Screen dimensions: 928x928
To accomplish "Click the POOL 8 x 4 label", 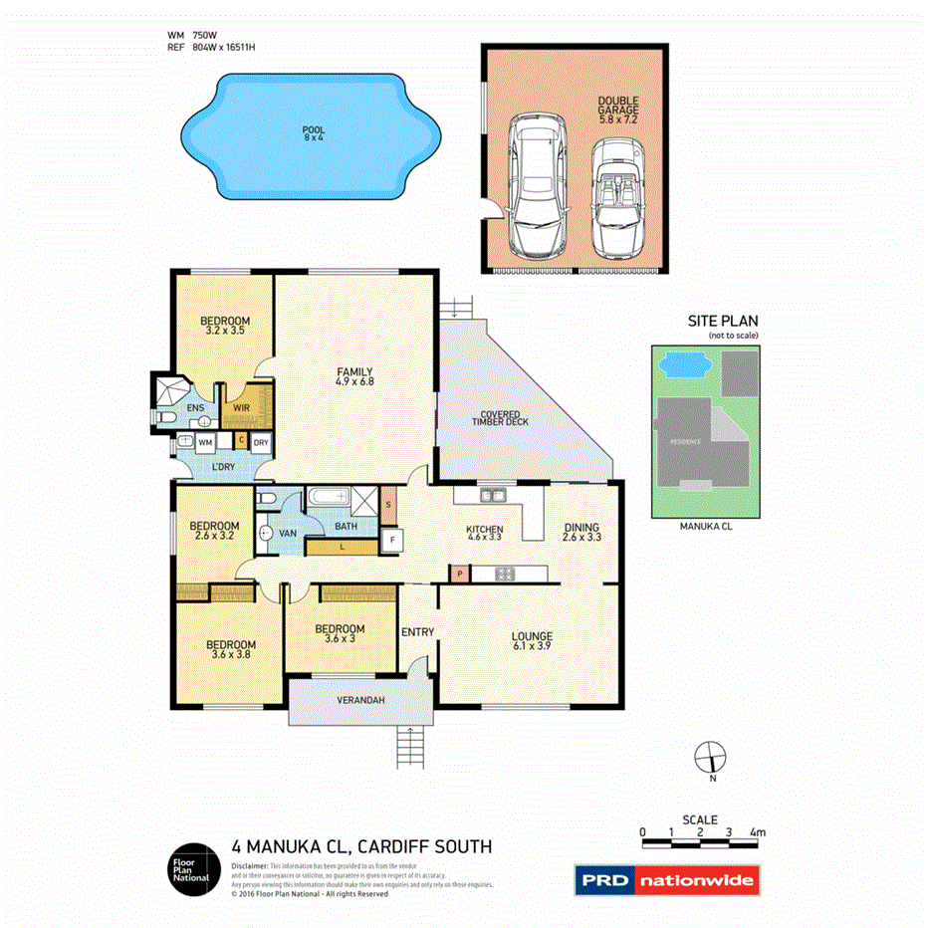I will pos(314,134).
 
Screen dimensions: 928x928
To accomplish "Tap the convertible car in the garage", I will pos(617,197).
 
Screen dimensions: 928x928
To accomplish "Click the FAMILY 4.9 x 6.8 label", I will pos(353,379).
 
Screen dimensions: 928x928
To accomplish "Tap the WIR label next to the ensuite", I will pos(241,407).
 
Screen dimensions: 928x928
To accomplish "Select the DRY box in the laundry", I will pos(260,441).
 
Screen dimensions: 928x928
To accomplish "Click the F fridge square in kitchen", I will pos(393,542).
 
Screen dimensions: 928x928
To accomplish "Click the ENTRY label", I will pos(417,632).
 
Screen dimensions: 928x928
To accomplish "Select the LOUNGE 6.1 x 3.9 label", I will pos(532,641).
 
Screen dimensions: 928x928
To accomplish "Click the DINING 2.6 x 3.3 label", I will pos(583,534).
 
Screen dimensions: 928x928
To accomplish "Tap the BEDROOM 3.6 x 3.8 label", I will pos(233,649).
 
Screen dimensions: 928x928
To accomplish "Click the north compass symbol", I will pos(711,757).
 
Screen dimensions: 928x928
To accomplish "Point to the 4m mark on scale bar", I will pos(758,831).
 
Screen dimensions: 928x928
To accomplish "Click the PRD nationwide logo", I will pos(666,879).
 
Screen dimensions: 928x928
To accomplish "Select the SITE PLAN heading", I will pos(723,321).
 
